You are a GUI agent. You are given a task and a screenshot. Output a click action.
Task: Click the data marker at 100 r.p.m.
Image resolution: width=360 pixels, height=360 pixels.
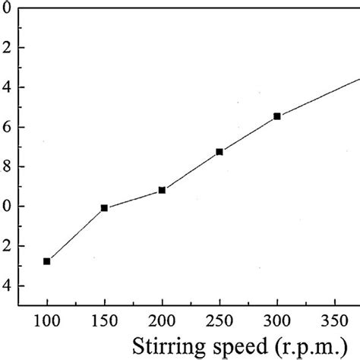[47, 261]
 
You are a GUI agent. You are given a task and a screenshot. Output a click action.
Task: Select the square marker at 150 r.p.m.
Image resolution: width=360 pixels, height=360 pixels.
[104, 208]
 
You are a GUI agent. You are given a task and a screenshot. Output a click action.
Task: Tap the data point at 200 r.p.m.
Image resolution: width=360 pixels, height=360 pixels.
[162, 190]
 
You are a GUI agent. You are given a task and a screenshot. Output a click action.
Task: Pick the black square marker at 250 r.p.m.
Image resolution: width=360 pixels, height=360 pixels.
[219, 152]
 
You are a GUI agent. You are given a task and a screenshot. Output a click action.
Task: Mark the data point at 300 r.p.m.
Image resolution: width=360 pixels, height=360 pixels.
[277, 116]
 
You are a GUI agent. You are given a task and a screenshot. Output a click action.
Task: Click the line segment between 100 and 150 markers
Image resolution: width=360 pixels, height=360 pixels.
[76, 235]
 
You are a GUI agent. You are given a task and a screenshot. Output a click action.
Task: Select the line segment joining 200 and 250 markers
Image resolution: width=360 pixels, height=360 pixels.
[191, 171]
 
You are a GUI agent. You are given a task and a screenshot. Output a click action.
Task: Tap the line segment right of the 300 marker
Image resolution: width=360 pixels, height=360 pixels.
[319, 96]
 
